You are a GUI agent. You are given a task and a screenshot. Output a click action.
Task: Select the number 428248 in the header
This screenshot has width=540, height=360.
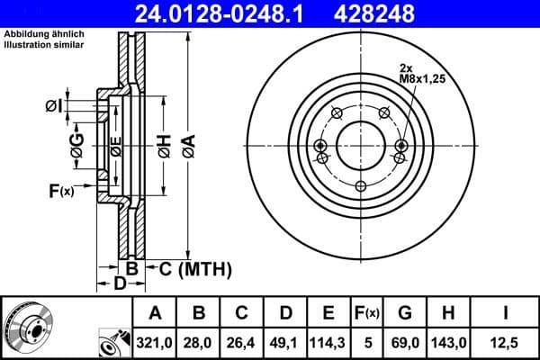click(x=389, y=13)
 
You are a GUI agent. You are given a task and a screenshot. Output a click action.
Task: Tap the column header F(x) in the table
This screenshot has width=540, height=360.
click(x=366, y=313)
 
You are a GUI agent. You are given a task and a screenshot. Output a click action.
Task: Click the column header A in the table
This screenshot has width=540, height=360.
click(x=156, y=313)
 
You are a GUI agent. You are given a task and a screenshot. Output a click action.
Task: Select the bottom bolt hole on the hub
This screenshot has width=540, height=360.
click(x=361, y=186)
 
